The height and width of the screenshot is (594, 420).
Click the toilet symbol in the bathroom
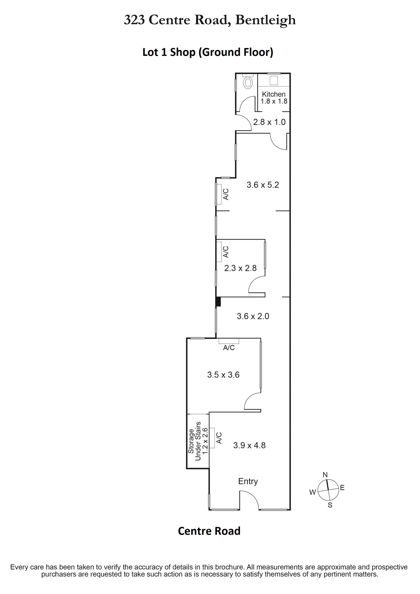(x=248, y=82)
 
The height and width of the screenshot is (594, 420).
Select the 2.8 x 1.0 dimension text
(x=269, y=122)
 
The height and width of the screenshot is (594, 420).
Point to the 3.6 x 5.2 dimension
(x=263, y=185)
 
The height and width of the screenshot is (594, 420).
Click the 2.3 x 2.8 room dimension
(x=240, y=268)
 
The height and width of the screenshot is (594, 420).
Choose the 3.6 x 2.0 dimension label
(x=253, y=316)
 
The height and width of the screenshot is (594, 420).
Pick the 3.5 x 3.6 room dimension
(x=223, y=375)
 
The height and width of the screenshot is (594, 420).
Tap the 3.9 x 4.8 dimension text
(x=249, y=445)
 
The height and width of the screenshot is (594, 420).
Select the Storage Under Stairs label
(x=198, y=441)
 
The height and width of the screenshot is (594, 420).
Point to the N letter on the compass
(x=325, y=475)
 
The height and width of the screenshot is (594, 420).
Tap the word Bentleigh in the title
(x=265, y=20)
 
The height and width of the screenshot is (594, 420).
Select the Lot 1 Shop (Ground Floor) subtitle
(x=208, y=52)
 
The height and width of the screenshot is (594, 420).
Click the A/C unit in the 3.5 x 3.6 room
(x=229, y=341)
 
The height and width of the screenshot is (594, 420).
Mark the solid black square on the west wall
(x=218, y=302)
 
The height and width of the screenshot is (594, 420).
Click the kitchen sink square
(x=274, y=80)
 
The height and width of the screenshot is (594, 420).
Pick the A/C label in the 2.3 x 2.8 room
(x=226, y=252)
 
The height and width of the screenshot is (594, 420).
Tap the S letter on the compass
(x=330, y=505)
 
